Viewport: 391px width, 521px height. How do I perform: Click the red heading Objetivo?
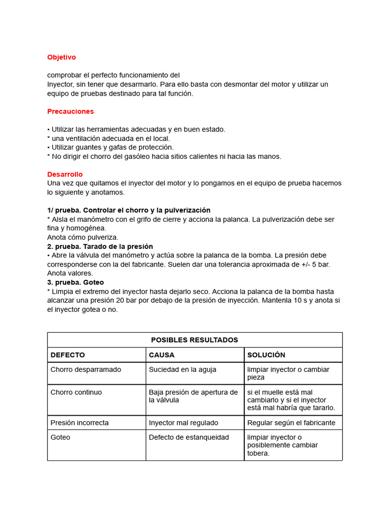click(x=62, y=57)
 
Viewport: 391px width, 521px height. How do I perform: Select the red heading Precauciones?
click(x=71, y=111)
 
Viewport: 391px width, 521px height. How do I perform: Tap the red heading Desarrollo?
click(x=65, y=175)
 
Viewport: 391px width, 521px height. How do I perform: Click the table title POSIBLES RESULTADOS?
click(x=194, y=340)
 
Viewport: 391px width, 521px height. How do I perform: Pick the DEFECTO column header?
click(x=68, y=355)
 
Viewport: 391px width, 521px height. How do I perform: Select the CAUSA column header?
click(x=161, y=355)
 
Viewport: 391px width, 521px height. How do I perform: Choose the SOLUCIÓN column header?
click(x=266, y=355)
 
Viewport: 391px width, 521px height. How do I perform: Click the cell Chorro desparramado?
click(x=86, y=369)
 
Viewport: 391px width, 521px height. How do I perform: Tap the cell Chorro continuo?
click(x=76, y=392)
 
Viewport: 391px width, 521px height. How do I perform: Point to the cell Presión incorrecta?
click(x=79, y=422)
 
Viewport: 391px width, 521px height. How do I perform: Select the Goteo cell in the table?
click(x=61, y=437)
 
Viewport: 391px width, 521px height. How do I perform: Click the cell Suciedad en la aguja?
click(x=182, y=369)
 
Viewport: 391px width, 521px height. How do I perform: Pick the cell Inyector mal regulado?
click(x=183, y=422)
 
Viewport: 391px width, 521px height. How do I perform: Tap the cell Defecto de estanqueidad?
click(x=188, y=437)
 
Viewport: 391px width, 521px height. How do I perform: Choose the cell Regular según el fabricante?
click(x=291, y=422)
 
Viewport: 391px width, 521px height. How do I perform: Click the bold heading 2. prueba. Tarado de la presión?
click(x=100, y=246)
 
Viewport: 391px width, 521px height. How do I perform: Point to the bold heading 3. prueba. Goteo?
click(x=76, y=282)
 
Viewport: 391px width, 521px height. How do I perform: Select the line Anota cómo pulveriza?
click(x=82, y=237)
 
